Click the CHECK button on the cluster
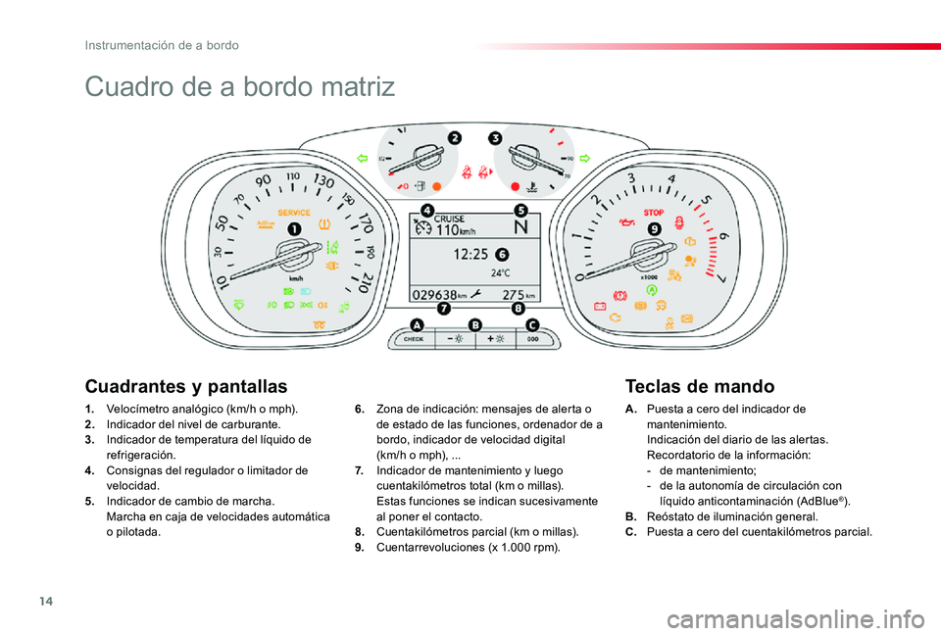414,340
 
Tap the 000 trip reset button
533,340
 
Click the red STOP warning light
654,213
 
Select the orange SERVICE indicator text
294,213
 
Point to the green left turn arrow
362,159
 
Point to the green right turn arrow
584,159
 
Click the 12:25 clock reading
470,255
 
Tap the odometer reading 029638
434,295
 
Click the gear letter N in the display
520,226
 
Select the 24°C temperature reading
501,273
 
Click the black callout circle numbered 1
294,229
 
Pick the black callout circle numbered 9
654,229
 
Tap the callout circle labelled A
416,325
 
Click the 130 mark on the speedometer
323,180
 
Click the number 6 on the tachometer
723,236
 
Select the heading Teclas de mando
700,386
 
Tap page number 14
46,601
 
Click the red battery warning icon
600,307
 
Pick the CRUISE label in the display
450,219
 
